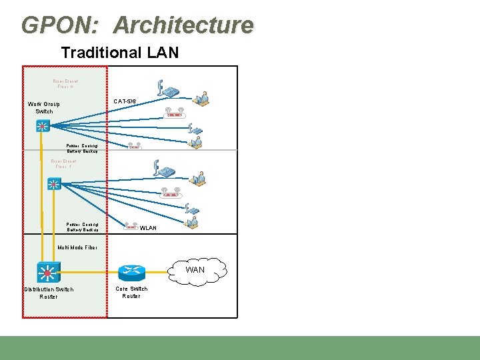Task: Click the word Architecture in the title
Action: (x=183, y=25)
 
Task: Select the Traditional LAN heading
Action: (x=120, y=53)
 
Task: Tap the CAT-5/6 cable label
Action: (x=125, y=101)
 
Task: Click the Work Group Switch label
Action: (x=44, y=107)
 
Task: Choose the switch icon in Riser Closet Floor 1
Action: (x=54, y=184)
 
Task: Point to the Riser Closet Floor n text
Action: (x=65, y=85)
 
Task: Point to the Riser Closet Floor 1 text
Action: (x=63, y=164)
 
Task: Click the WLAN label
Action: (x=148, y=228)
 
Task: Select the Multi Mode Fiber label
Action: (x=77, y=247)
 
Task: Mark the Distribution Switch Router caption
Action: (x=49, y=293)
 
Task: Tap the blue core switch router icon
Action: (x=131, y=273)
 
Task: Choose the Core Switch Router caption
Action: (x=131, y=292)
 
